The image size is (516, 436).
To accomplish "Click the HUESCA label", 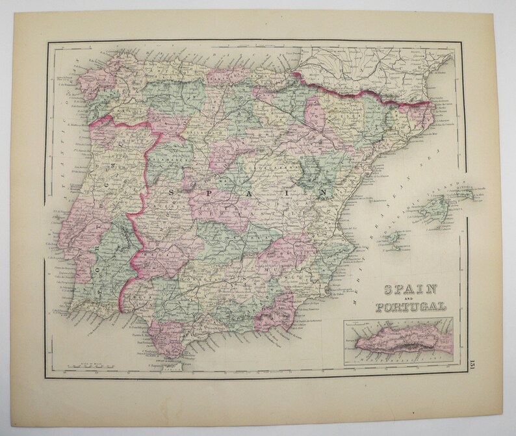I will tap(324, 118).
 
